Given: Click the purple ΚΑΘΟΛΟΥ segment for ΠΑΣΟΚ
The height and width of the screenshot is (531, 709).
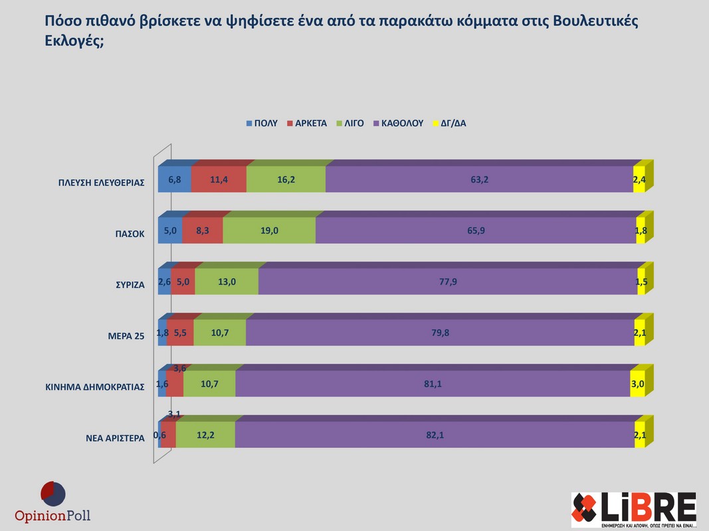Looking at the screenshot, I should [475, 230].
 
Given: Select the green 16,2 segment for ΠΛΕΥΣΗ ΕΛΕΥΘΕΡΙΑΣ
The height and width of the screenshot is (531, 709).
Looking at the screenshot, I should [286, 179].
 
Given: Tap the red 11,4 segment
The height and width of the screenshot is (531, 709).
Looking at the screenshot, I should [219, 179].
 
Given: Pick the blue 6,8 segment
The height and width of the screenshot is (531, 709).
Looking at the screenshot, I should [174, 179].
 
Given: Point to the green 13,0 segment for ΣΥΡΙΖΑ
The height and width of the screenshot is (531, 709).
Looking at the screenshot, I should [227, 281].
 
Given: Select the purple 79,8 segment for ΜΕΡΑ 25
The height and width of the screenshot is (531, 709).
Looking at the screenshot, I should [440, 333].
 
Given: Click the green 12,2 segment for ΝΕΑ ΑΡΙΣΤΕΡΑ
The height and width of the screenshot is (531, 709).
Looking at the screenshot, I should [205, 435].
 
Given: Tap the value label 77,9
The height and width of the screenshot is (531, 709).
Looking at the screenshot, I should [448, 281].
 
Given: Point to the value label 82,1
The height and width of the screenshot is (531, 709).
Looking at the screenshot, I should [435, 435].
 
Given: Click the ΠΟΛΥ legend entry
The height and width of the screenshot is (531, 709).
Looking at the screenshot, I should [262, 123].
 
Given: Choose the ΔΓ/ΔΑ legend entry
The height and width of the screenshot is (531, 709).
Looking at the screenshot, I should [449, 123].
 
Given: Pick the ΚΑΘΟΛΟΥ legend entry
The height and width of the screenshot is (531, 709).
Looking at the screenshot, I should [398, 123].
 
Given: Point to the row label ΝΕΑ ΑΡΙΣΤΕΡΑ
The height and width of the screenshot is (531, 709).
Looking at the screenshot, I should [115, 439].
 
